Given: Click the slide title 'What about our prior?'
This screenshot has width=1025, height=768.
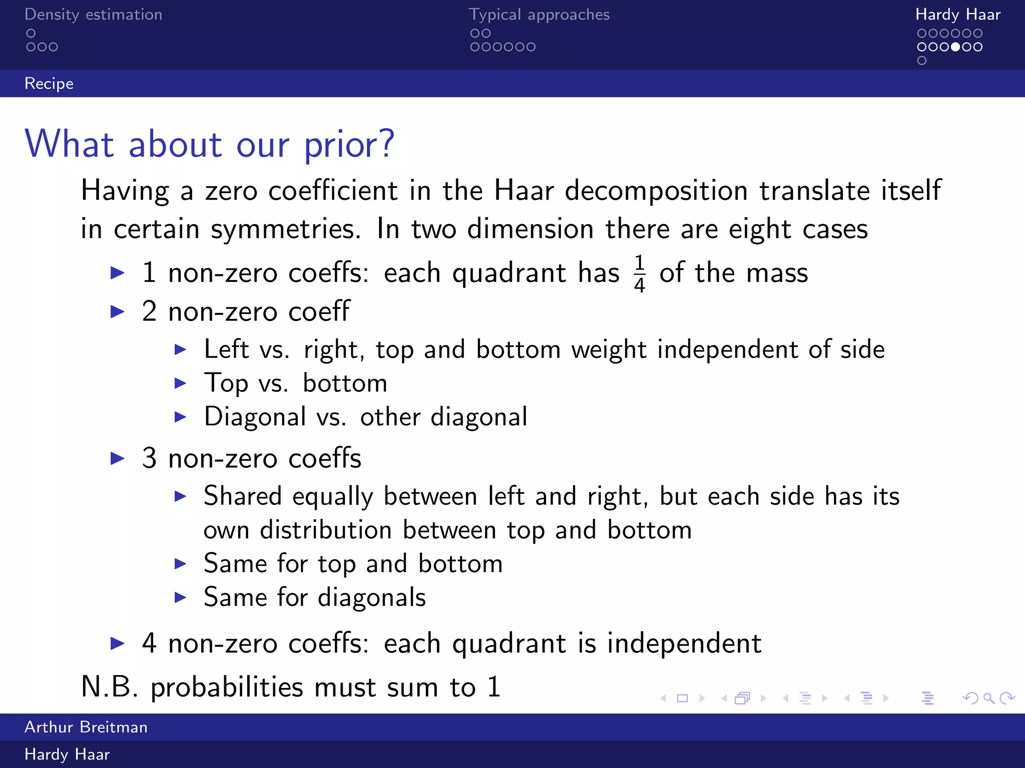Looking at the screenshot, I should tap(210, 144).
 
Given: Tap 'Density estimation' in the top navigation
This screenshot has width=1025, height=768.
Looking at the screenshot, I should tap(93, 14).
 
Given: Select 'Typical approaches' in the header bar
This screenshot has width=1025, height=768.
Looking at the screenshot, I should tap(539, 14).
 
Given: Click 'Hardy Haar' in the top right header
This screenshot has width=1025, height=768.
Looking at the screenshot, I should tap(957, 14).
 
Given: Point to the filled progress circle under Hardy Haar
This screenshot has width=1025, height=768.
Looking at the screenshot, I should tap(955, 47).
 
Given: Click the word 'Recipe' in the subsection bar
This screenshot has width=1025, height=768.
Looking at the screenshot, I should tap(49, 83).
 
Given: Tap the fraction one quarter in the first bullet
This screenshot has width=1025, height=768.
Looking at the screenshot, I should tap(639, 273).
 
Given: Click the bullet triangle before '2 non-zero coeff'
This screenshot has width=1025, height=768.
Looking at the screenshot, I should tap(117, 311).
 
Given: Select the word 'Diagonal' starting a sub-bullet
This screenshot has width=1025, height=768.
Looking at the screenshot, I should tap(255, 416).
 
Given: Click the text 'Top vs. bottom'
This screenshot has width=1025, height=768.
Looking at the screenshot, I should tap(295, 383).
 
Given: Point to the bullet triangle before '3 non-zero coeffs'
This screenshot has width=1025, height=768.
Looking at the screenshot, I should tap(117, 458).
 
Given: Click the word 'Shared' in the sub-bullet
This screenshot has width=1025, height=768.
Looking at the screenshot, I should tap(243, 496).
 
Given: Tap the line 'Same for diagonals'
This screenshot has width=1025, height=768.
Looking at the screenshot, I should tap(314, 597).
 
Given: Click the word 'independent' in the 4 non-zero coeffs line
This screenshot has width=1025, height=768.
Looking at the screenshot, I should tap(684, 643).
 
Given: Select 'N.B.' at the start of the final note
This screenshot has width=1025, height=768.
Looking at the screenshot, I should tap(109, 686).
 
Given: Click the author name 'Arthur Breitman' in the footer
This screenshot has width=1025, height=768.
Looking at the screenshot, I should tap(86, 727).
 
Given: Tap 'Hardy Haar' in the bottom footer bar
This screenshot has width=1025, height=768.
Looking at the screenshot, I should tap(67, 754).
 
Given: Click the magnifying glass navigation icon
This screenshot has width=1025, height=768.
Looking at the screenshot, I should tap(988, 698).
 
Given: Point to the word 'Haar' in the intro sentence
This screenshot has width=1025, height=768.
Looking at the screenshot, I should tap(524, 190).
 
